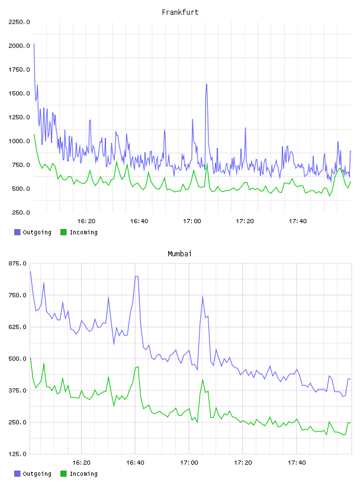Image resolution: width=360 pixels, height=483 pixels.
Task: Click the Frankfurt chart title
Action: pos(180,12)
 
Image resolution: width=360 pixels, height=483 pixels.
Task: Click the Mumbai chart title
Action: pos(179,254)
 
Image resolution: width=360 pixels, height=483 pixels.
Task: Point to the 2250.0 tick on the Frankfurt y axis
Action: pos(19,22)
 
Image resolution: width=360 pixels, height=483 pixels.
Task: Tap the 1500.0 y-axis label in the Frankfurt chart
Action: pos(19,94)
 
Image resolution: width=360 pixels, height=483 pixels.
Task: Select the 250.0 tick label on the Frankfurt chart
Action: pos(21,212)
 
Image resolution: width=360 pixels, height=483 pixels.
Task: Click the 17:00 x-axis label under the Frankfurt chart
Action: pos(192,221)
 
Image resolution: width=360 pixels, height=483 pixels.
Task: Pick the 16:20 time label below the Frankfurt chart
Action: pos(86,221)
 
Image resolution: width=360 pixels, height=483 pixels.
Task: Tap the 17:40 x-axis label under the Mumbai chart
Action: pos(297,463)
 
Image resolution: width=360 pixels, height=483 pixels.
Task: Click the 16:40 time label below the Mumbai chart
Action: pos(135,463)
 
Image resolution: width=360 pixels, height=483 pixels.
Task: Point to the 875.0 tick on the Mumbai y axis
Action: pos(18,263)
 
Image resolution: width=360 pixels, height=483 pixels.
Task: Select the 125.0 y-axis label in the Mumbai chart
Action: pos(18,454)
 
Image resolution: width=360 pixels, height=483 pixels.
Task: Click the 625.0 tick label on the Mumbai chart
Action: pos(18,327)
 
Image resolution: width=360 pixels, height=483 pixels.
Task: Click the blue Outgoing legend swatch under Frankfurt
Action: pos(17,232)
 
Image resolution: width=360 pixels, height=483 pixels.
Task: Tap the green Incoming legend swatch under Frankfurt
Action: pos(63,232)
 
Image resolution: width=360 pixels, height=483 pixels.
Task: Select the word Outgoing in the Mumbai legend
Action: pos(37,474)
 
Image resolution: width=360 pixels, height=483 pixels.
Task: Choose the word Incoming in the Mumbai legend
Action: pos(83,474)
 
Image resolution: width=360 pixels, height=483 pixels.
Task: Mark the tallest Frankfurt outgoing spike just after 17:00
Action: pos(207,84)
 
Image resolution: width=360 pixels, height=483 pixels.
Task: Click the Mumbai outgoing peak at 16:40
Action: pos(136,276)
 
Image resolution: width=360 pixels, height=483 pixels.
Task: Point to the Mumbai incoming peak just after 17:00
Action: pos(202,379)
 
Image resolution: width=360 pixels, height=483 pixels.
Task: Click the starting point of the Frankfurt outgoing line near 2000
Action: pos(34,44)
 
